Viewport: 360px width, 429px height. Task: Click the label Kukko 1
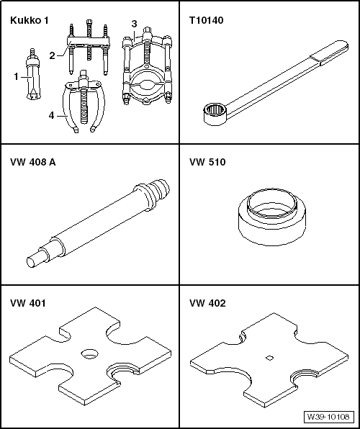pyautogui.click(x=30, y=21)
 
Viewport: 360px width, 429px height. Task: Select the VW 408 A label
pyautogui.click(x=33, y=163)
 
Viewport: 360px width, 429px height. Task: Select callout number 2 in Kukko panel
pyautogui.click(x=52, y=55)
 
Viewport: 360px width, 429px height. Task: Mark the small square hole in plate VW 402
pyautogui.click(x=267, y=358)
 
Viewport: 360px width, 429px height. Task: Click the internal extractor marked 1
pyautogui.click(x=32, y=76)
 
